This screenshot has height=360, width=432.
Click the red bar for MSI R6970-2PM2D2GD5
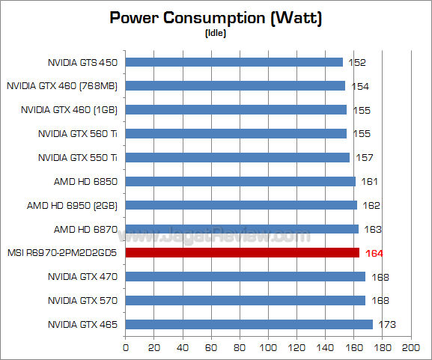pos(243,253)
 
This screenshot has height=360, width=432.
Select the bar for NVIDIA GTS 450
pos(234,62)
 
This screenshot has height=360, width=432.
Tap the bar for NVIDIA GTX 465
pos(249,325)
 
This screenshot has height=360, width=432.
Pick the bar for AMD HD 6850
pos(240,181)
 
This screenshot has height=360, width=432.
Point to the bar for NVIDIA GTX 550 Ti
pos(237,157)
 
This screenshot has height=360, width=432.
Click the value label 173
pos(386,325)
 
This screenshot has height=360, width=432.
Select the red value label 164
pos(374,253)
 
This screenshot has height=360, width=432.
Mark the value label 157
pos(364,158)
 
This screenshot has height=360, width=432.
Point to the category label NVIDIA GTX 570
pos(82,301)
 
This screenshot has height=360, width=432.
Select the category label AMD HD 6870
pos(85,229)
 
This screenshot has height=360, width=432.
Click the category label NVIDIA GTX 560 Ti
pos(78,134)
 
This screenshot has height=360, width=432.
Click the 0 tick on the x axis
pos(126,348)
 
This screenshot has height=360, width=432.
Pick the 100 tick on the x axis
pos(268,348)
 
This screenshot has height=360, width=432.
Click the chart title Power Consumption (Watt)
pos(216,18)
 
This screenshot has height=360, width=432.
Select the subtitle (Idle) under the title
pos(216,34)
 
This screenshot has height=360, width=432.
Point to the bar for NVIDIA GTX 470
pos(245,277)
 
